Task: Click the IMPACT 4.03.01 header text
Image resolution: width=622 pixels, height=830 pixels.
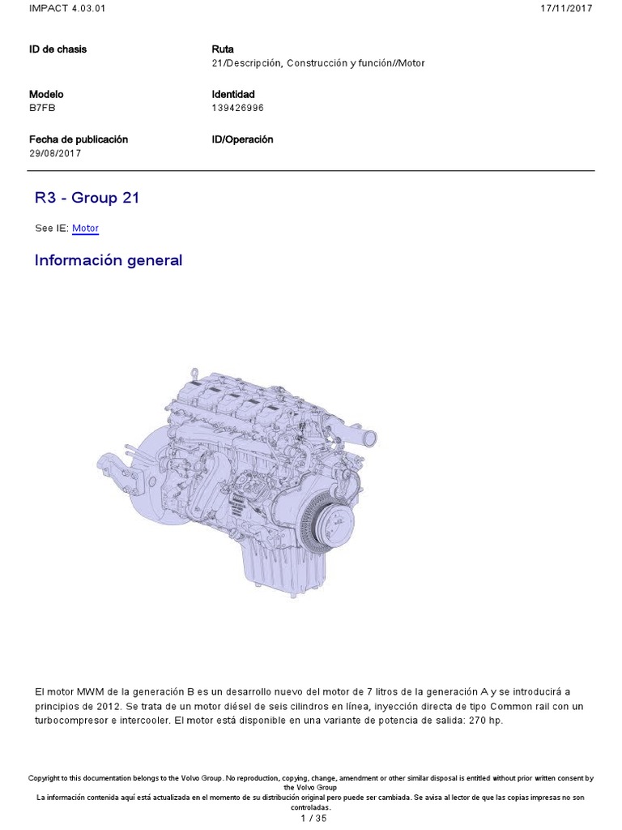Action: pyautogui.click(x=67, y=8)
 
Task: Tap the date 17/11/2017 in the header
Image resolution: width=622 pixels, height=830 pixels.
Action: pyautogui.click(x=566, y=8)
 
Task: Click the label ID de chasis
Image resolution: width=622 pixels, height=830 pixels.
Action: pyautogui.click(x=58, y=49)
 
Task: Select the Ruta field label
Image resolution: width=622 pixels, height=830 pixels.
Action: pyautogui.click(x=223, y=49)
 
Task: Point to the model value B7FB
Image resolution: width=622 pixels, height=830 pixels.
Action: pyautogui.click(x=42, y=108)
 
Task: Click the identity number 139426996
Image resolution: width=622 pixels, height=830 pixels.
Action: pyautogui.click(x=237, y=108)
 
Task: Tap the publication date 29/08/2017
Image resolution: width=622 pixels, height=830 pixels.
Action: pyautogui.click(x=55, y=153)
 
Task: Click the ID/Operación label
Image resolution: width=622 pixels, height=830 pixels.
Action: pyautogui.click(x=242, y=139)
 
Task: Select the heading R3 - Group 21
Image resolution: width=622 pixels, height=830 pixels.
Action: pyautogui.click(x=87, y=198)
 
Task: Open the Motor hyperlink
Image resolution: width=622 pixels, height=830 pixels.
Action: pyautogui.click(x=85, y=228)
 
